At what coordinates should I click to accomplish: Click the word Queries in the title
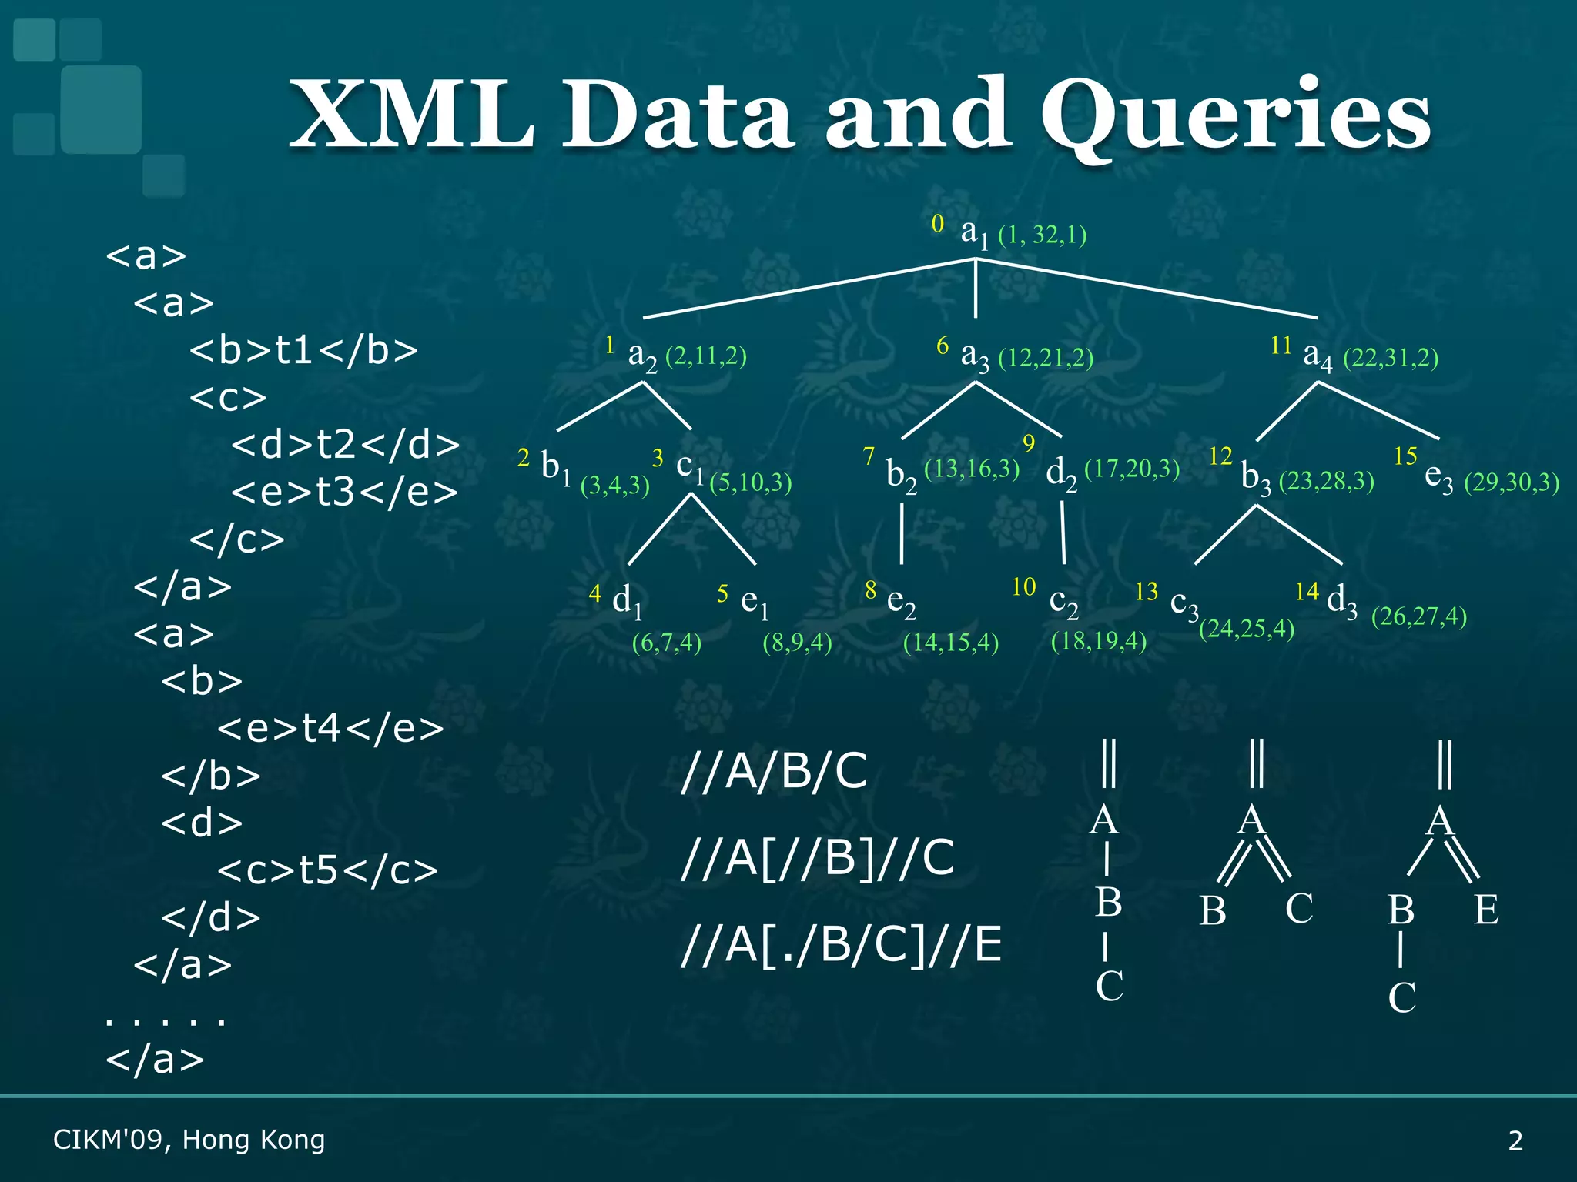tap(1235, 115)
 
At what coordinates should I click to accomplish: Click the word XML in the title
tap(412, 115)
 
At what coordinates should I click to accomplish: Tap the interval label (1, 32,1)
tap(1042, 234)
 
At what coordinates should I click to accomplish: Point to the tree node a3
tap(975, 356)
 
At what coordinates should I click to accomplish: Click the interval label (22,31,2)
tap(1390, 358)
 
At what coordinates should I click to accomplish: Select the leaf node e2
tap(901, 601)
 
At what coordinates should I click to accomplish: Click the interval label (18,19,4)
tap(1098, 641)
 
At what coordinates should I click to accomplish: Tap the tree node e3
tap(1438, 478)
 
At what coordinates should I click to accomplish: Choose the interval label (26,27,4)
tap(1418, 616)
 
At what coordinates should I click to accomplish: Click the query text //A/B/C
tap(774, 770)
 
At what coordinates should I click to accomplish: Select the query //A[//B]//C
tap(817, 857)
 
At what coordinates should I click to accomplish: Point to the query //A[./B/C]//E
tap(841, 944)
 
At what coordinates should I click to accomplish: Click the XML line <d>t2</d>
tap(345, 445)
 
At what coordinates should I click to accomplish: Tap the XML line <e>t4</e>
tap(330, 728)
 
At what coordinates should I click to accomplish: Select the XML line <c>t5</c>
tap(327, 870)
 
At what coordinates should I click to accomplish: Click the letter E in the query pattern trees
tap(1485, 910)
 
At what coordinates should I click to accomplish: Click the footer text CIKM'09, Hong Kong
tap(189, 1140)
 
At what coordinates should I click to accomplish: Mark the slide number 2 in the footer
tap(1515, 1140)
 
